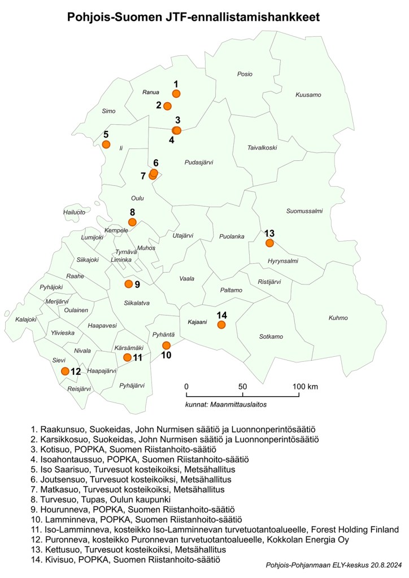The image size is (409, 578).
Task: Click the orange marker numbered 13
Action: (269, 243)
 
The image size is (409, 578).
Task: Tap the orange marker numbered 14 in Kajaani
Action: (221, 325)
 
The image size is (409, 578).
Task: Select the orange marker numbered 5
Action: (106, 144)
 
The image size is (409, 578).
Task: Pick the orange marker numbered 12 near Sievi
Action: (65, 371)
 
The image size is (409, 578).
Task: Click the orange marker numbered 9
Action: (128, 283)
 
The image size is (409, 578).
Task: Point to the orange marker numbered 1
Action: (176, 93)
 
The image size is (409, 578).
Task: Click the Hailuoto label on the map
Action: (74, 212)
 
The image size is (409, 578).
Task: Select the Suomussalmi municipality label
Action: (304, 212)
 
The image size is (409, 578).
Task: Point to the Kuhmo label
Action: (338, 318)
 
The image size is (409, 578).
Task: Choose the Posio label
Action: (245, 74)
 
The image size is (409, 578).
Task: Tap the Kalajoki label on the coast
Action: (27, 319)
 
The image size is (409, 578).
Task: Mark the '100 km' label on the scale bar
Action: (306, 386)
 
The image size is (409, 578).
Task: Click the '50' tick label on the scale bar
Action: (242, 386)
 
